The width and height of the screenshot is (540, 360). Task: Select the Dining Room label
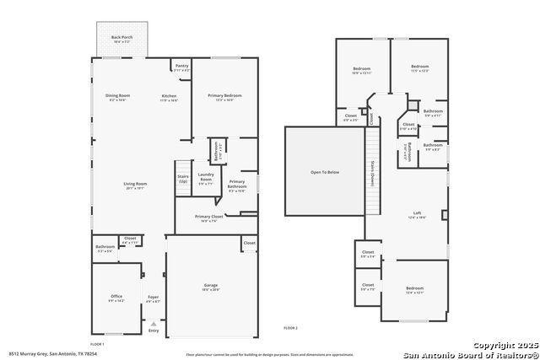(x=117, y=97)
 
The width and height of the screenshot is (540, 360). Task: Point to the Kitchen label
(x=170, y=97)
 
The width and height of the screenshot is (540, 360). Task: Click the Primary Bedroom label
(x=224, y=97)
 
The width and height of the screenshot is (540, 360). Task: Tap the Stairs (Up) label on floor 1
(x=182, y=179)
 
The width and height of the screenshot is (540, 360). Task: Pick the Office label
(x=116, y=298)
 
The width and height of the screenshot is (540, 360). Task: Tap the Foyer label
(x=153, y=298)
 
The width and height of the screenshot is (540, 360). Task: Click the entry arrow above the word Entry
(x=153, y=323)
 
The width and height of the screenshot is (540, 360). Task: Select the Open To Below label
(x=325, y=172)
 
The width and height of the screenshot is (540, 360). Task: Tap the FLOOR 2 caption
(x=291, y=327)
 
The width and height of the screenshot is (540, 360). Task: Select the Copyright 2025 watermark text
(x=503, y=346)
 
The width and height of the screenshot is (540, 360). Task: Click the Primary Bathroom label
(x=237, y=185)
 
